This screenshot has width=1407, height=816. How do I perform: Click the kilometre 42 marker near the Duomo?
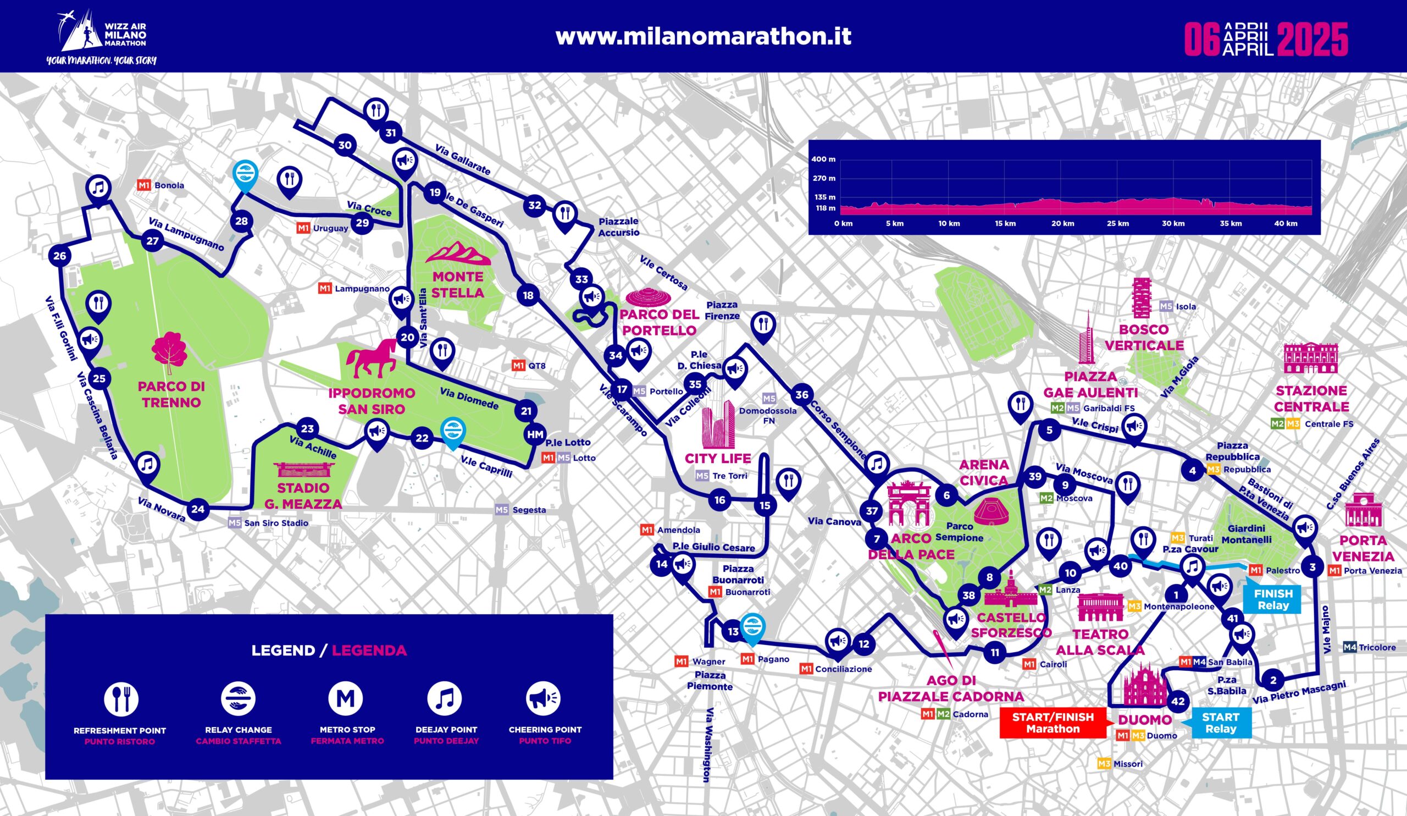coord(1178,702)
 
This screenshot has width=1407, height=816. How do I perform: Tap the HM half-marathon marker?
coord(535,434)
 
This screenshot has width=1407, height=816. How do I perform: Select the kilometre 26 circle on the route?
coord(60,256)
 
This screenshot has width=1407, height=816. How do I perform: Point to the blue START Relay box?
coord(1220,723)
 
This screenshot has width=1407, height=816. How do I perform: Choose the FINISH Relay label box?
coord(1273,599)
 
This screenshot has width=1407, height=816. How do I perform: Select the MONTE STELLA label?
coord(458,284)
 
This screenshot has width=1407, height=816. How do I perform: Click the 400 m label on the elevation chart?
coord(823,159)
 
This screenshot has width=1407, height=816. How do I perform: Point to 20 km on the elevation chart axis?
coord(1062,223)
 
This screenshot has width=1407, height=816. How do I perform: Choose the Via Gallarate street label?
coord(462,159)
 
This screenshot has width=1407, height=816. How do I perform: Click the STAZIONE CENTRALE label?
coord(1311,398)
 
